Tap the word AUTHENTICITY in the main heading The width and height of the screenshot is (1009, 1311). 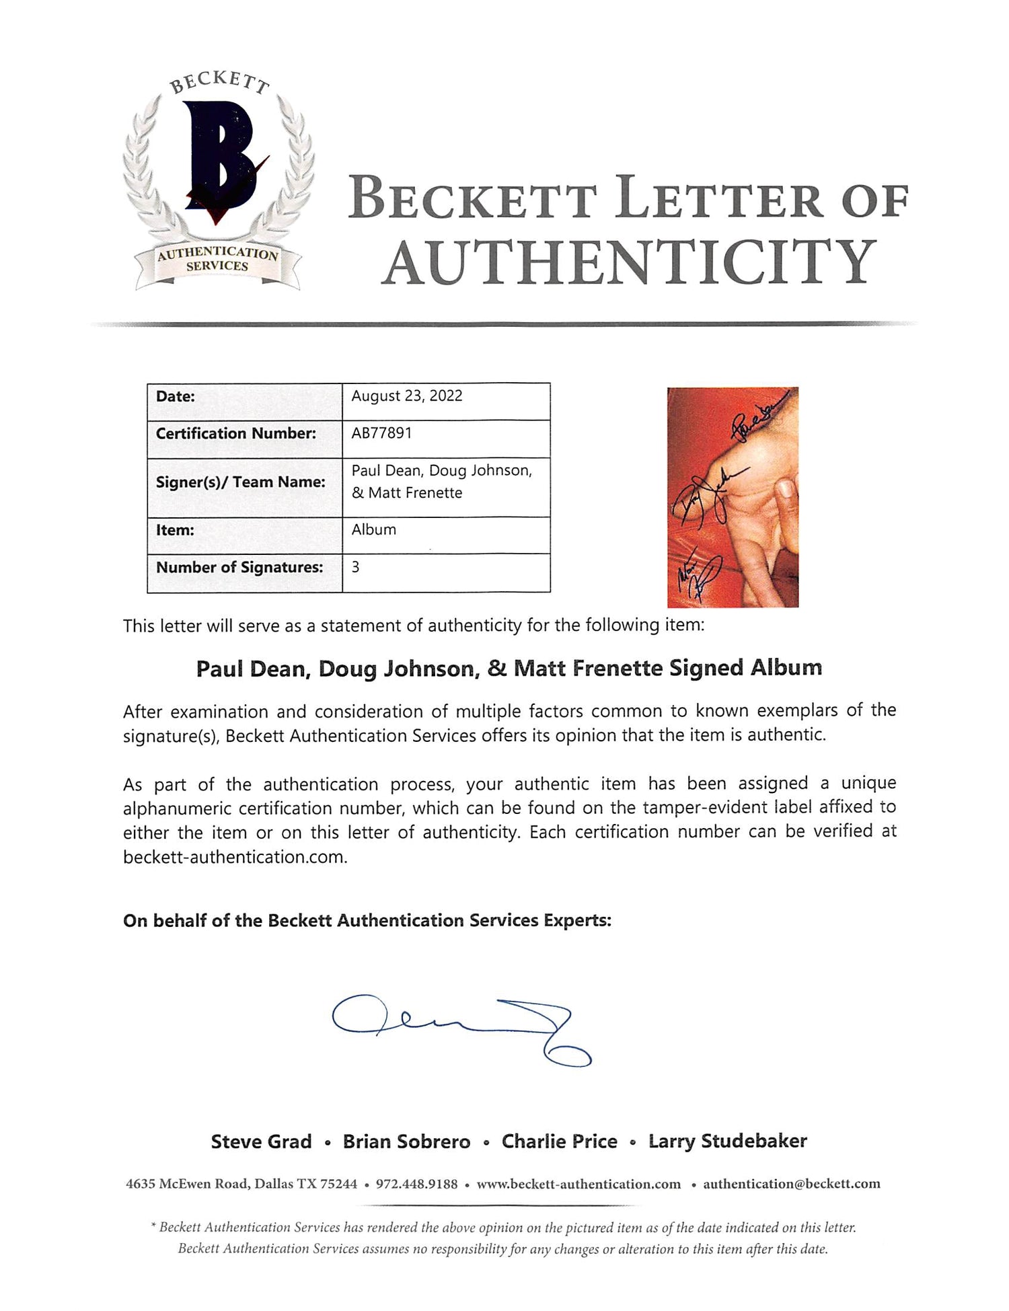630,262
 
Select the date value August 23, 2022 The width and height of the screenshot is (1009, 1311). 406,396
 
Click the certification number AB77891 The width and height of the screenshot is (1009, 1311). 381,433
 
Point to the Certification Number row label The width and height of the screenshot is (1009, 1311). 235,434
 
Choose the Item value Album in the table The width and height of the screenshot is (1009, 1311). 373,530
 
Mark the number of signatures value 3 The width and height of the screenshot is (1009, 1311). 355,567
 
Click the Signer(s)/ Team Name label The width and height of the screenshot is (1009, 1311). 240,482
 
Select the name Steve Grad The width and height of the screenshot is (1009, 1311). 261,1141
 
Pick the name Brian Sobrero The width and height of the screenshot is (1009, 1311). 406,1141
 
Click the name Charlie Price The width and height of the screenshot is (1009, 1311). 559,1141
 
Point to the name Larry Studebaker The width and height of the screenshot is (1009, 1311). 727,1141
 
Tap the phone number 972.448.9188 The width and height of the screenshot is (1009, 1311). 416,1184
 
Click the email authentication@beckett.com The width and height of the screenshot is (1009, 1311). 791,1184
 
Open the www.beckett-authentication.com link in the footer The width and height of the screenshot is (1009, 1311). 578,1184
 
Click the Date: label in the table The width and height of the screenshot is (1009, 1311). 176,396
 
